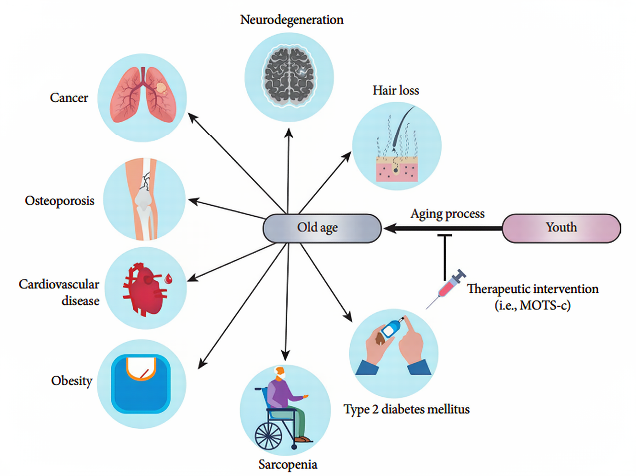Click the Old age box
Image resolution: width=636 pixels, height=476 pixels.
pyautogui.click(x=322, y=228)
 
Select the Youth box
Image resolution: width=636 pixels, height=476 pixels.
pyautogui.click(x=561, y=228)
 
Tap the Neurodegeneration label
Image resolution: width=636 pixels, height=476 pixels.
pyautogui.click(x=292, y=20)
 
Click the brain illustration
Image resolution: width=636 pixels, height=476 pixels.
pyautogui.click(x=289, y=76)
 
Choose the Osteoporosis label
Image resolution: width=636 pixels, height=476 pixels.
pyautogui.click(x=60, y=201)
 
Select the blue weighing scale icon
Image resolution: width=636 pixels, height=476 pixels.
pyautogui.click(x=141, y=384)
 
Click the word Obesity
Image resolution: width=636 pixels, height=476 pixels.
pyautogui.click(x=72, y=381)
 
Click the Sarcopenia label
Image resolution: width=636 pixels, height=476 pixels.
pyautogui.click(x=288, y=465)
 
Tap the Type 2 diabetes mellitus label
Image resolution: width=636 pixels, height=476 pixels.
pyautogui.click(x=407, y=409)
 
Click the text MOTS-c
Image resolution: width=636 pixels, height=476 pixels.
pyautogui.click(x=545, y=306)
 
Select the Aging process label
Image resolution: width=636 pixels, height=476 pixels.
pyautogui.click(x=448, y=214)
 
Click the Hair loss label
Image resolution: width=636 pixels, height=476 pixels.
pyautogui.click(x=396, y=91)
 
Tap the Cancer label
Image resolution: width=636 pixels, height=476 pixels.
pyautogui.click(x=69, y=98)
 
